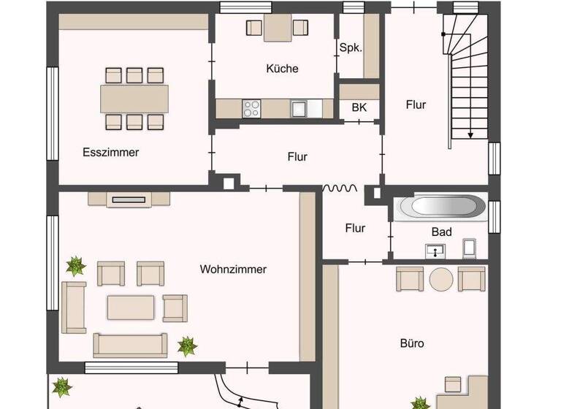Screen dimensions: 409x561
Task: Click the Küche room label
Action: [282, 69]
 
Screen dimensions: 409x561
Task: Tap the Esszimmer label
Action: [110, 153]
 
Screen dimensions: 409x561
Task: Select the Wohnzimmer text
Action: [233, 270]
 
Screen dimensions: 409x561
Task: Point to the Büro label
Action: [412, 343]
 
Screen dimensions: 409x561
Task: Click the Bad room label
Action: [441, 232]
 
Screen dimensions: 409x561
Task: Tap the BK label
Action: [359, 107]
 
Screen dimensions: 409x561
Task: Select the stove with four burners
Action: [252, 109]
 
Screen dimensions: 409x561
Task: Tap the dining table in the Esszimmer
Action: [134, 97]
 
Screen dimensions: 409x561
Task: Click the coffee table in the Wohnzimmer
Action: [131, 307]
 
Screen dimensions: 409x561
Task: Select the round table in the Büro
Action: [441, 279]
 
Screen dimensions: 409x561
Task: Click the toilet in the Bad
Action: [470, 248]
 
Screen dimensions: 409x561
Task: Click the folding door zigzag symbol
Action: [340, 188]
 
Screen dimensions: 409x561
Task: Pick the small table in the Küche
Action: [278, 28]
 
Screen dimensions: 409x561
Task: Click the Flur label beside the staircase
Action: [416, 104]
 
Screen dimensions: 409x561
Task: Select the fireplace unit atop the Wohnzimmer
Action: [129, 197]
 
